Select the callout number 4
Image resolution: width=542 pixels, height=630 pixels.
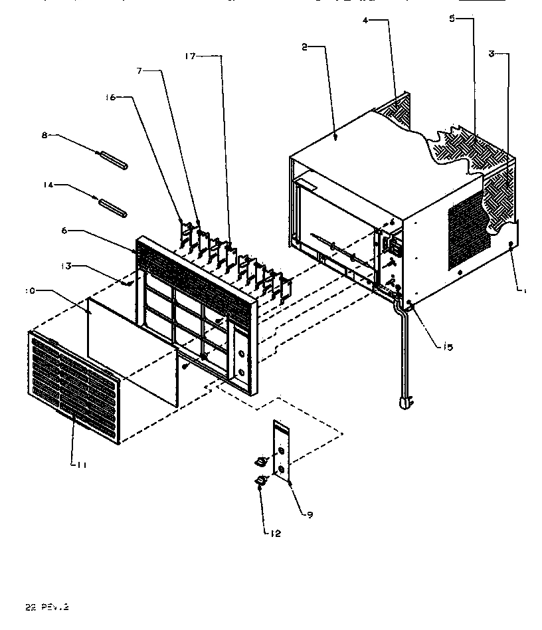365,20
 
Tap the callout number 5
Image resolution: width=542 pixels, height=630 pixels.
452,19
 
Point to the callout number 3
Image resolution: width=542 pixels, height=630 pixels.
492,54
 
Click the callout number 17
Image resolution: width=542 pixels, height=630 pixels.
190,56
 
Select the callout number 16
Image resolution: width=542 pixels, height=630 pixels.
110,97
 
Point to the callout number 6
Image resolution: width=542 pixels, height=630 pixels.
64,231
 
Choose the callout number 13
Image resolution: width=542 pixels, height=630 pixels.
65,266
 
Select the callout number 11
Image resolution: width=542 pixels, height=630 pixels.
80,465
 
